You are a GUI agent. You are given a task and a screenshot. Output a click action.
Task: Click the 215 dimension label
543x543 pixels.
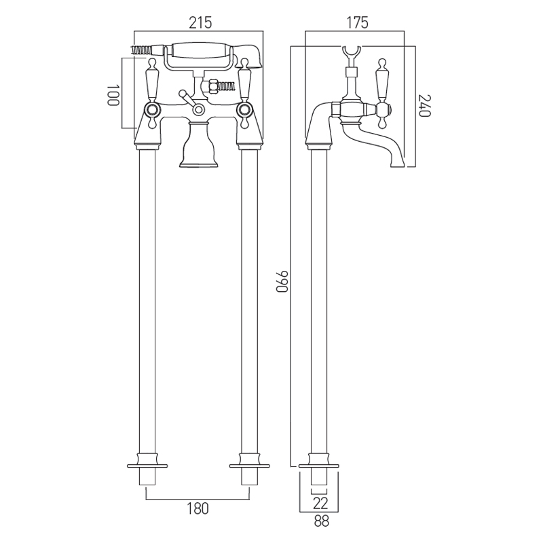coord(200,23)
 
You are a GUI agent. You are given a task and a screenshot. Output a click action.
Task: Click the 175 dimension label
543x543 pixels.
coord(357,23)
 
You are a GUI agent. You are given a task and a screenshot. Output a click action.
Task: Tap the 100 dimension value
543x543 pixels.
coord(113,94)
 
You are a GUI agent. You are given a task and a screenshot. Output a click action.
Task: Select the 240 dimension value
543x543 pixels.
coord(425,106)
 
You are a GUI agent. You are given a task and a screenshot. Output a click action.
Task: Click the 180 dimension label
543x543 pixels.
coord(198,508)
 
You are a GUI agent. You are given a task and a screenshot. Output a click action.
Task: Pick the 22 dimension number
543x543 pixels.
coord(320,503)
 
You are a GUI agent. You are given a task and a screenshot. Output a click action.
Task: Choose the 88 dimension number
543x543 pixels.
coord(320,521)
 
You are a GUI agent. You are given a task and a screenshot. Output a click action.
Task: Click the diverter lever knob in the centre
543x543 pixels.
coord(182,94)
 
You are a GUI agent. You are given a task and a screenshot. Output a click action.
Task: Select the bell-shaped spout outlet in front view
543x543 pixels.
coord(198,145)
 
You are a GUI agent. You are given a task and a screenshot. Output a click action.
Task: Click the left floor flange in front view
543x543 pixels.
coord(147,466)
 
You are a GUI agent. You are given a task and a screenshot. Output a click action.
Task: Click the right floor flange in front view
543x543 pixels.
coord(249,466)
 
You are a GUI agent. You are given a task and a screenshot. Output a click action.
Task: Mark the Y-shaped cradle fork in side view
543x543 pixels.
coord(351,54)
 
